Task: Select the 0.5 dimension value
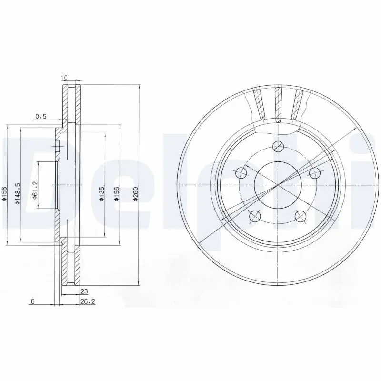click(41, 117)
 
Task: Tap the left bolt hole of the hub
click(241, 172)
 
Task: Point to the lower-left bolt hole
click(255, 217)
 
